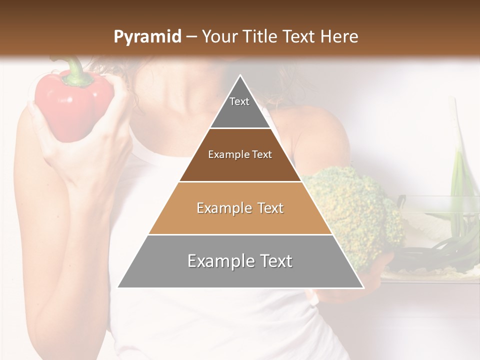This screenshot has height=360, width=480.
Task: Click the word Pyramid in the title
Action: point(147,37)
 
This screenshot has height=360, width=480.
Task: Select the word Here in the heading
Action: point(339,36)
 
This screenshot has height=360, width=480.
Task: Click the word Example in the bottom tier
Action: point(219,261)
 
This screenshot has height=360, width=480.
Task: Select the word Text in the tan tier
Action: point(268,208)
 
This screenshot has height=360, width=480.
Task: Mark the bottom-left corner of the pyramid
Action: point(118,287)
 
